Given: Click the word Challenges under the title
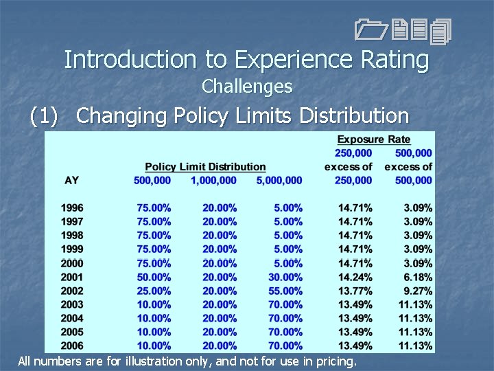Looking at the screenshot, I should coord(247,87).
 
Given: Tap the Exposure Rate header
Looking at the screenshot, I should coord(373,139).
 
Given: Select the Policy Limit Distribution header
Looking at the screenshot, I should coord(205,167).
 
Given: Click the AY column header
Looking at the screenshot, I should coord(71,180).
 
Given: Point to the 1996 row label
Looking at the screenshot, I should coord(72,207).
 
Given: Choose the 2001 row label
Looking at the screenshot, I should coord(72,277).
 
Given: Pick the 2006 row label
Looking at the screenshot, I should coord(72,346).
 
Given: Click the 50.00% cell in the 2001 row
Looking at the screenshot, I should coord(154,277).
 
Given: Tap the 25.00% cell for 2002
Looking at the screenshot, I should coord(154,291).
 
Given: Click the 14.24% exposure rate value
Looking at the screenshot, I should coord(355,277).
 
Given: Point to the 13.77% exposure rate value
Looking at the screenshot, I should coord(355,291).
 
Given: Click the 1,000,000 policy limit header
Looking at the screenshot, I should coord(213,180).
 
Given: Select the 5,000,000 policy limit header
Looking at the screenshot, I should coord(279,180).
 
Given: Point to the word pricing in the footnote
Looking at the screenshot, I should coord(334,361).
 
